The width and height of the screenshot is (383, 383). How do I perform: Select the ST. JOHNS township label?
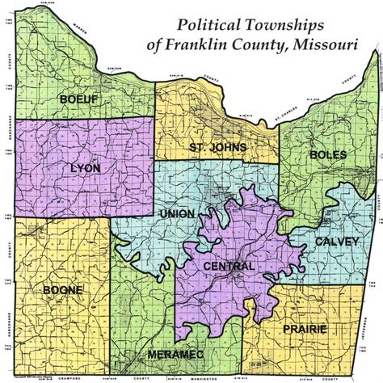pos(217,147)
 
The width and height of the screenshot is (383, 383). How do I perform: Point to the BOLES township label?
pos(328,154)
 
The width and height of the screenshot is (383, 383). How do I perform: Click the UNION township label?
pos(178,213)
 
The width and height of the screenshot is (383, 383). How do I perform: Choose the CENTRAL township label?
pos(229,266)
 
